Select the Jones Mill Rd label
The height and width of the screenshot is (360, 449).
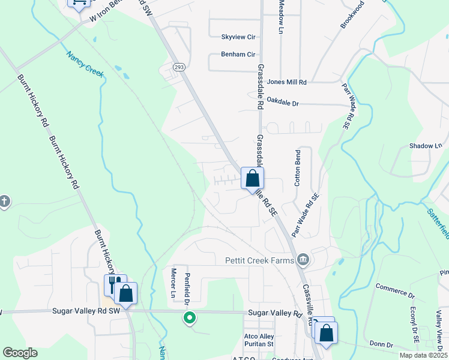287,82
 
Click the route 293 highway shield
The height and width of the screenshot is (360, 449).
179,67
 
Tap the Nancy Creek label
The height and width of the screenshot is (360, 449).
85,65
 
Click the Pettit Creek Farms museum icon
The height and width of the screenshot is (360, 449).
303,260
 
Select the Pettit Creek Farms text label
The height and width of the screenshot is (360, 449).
259,260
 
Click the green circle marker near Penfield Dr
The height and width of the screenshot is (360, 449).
190,317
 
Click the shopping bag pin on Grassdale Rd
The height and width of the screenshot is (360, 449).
253,178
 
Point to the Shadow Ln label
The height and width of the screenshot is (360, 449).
425,146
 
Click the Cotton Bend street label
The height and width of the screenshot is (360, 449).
297,168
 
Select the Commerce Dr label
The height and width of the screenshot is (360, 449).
395,291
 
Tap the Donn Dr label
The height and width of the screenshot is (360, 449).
381,344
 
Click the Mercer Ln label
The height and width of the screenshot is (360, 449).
173,284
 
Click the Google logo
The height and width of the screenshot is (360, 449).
20,353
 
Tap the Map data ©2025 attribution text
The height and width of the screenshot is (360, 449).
423,355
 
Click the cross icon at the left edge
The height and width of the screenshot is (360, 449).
4,200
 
